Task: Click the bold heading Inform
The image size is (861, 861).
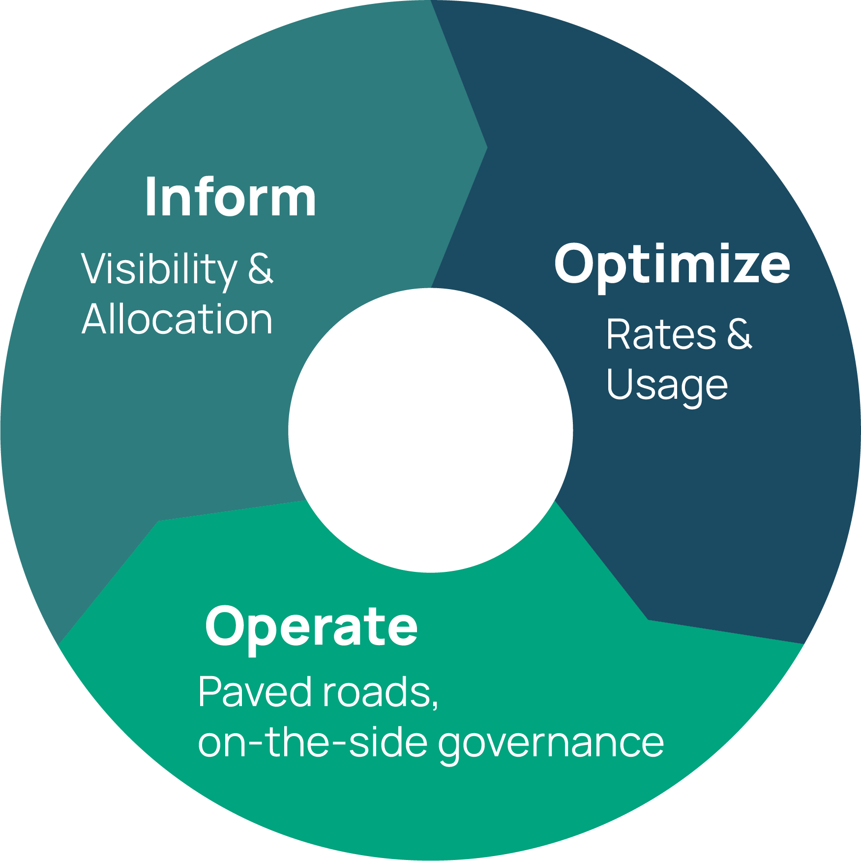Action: coord(231,197)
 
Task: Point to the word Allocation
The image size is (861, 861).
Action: coord(177,319)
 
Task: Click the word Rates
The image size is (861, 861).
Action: coord(661,334)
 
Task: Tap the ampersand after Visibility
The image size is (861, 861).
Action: coord(260,269)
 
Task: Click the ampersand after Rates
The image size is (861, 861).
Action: coord(740,334)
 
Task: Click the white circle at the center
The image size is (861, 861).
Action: coord(431,430)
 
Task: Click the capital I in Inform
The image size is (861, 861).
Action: coord(150,197)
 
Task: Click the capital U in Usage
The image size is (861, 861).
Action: coord(621,384)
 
